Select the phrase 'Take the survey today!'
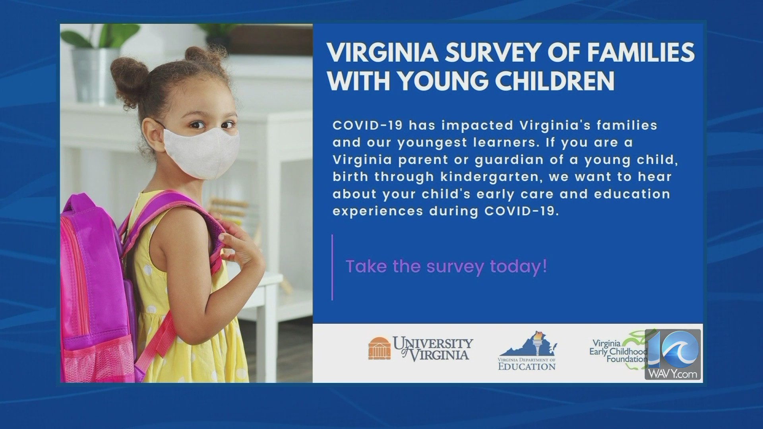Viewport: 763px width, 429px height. (446, 266)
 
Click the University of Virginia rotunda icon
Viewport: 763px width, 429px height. (379, 348)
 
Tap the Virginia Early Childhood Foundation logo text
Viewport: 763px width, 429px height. (618, 351)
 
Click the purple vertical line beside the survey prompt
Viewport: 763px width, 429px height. (332, 267)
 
